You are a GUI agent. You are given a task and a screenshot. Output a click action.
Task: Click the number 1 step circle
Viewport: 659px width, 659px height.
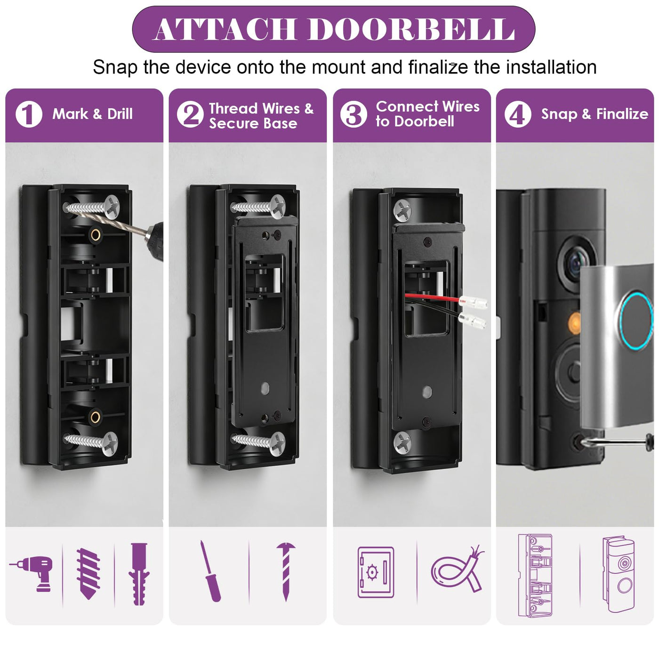click(x=29, y=114)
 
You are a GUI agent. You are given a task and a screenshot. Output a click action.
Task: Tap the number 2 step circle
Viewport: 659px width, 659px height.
click(x=190, y=114)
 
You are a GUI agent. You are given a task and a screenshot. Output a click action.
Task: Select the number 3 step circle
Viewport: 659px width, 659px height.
click(x=353, y=114)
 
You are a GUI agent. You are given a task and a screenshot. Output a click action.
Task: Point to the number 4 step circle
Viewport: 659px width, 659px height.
click(x=517, y=114)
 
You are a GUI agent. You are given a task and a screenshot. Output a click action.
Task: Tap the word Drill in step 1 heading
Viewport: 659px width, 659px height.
click(x=120, y=114)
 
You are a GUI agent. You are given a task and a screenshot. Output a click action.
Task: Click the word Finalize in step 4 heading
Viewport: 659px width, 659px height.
click(x=622, y=114)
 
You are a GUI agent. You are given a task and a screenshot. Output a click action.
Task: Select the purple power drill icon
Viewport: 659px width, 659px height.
click(x=32, y=574)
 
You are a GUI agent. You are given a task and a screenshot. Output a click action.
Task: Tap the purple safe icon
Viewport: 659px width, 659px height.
click(x=376, y=572)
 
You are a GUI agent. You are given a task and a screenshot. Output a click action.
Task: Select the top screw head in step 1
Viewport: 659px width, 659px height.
click(x=112, y=206)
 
